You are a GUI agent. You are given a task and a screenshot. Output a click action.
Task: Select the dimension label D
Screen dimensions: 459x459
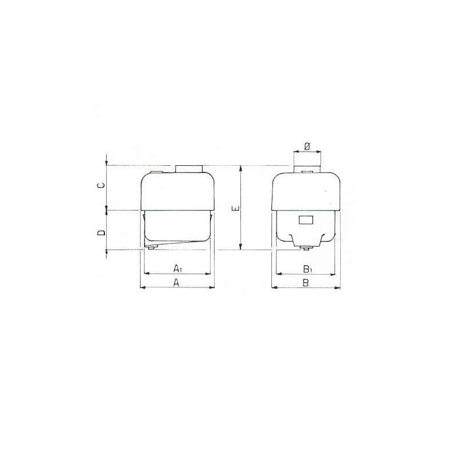click(x=102, y=233)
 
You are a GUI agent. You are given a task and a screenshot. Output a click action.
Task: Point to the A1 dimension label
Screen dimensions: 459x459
click(x=178, y=268)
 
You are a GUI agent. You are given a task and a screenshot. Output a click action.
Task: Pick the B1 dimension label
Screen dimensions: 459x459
click(x=307, y=269)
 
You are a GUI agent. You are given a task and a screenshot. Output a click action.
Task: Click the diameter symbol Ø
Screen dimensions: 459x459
click(x=307, y=146)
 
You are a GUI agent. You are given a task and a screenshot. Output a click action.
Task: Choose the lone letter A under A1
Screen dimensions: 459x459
click(x=176, y=282)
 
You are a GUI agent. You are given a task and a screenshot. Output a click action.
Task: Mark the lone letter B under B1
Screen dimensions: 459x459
click(x=305, y=283)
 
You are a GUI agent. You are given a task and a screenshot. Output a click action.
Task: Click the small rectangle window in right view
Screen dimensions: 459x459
click(x=306, y=220)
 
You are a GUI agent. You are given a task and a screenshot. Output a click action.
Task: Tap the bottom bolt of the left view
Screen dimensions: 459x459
click(x=151, y=248)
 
